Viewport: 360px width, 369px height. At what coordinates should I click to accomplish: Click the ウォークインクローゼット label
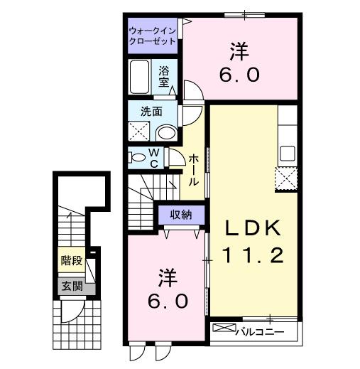point(153,36)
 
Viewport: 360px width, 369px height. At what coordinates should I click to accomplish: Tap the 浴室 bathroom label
point(164,75)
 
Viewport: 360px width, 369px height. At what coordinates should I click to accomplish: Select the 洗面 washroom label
point(151,111)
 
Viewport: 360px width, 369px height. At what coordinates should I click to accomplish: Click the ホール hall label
point(193,170)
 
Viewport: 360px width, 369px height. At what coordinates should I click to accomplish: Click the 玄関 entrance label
point(72,287)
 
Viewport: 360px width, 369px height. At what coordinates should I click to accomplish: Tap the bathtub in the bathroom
point(139,75)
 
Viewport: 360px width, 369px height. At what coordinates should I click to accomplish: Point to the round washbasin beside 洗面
point(167,132)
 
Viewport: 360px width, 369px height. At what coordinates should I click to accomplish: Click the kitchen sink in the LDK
point(288,153)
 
